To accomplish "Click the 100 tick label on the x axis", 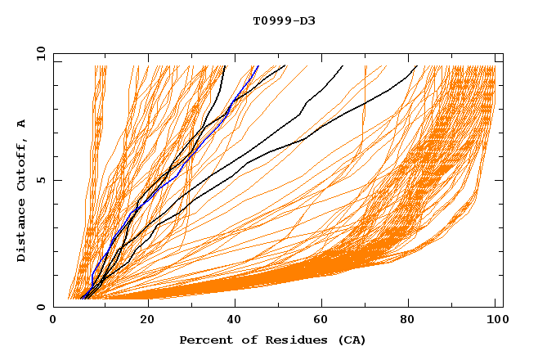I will (495, 321).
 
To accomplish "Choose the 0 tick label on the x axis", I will (53, 321).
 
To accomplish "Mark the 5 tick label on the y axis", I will (39, 181).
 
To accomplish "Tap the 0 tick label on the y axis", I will (39, 308).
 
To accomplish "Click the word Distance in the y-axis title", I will (22, 234).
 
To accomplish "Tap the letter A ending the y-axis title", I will (22, 124).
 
